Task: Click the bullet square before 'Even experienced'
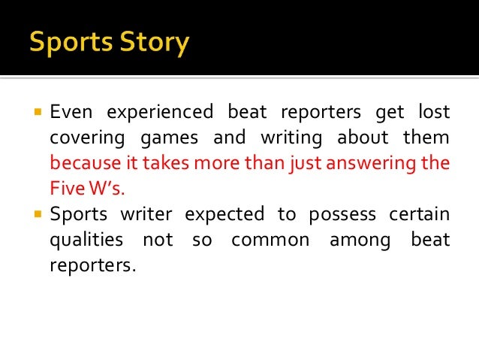pyautogui.click(x=36, y=113)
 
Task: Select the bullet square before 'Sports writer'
pyautogui.click(x=36, y=214)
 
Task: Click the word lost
pyautogui.click(x=431, y=113)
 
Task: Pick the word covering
pyautogui.click(x=86, y=138)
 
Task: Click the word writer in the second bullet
pyautogui.click(x=147, y=214)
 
